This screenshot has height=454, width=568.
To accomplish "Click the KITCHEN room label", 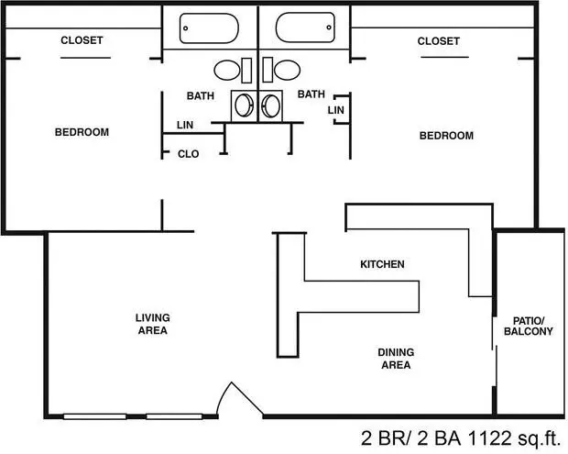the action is click(x=382, y=264).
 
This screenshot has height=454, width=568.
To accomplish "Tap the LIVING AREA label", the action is click(x=152, y=324).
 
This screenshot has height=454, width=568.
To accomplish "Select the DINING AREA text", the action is click(x=396, y=359).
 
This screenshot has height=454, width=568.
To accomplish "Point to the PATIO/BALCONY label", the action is click(x=529, y=326).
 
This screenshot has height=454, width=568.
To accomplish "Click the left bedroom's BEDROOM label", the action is click(x=82, y=132).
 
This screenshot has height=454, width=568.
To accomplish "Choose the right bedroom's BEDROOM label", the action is click(x=446, y=136).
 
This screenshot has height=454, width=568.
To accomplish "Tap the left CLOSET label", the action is click(x=82, y=39).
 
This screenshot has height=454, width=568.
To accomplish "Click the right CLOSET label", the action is click(x=438, y=41).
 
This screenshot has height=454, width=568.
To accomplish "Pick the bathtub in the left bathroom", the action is click(x=209, y=28).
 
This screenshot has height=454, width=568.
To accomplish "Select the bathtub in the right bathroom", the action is click(x=305, y=28).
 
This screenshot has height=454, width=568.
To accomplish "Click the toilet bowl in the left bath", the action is click(x=227, y=71).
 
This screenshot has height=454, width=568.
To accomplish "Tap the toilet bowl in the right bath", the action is click(x=288, y=70).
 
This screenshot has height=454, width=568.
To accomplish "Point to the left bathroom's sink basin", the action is click(x=243, y=105).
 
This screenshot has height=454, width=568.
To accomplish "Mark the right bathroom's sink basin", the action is click(x=270, y=105).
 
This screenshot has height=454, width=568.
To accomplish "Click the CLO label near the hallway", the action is click(x=189, y=154).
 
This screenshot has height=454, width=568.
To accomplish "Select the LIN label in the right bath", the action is click(x=336, y=110).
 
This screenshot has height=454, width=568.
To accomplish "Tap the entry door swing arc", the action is click(x=223, y=397).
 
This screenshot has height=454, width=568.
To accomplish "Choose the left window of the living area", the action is click(x=95, y=416).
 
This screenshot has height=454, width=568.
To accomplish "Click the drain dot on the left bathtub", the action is click(x=186, y=28).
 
